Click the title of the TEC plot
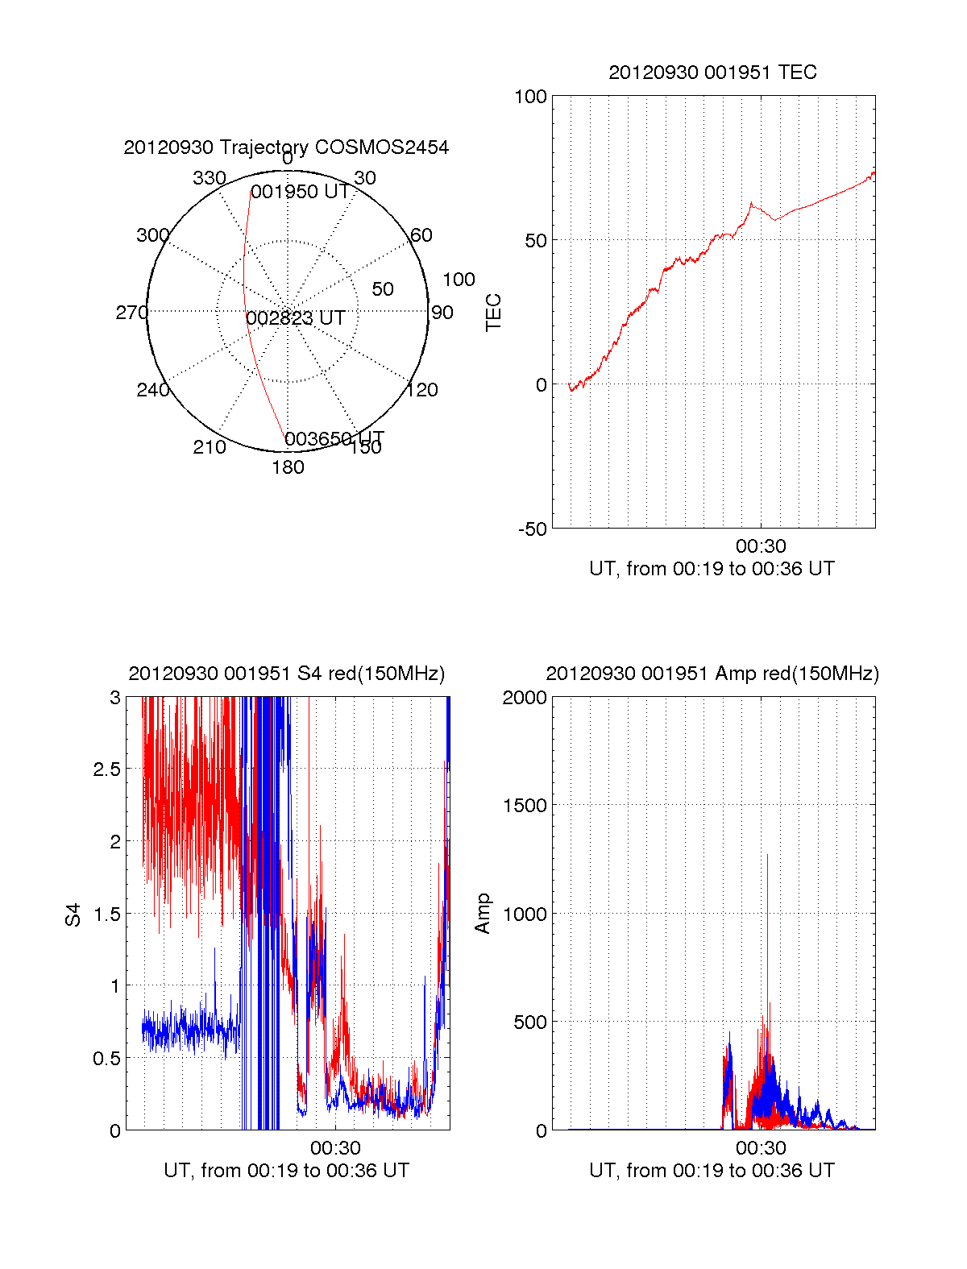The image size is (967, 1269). pyautogui.click(x=712, y=73)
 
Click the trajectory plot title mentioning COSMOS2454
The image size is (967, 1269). pyautogui.click(x=286, y=147)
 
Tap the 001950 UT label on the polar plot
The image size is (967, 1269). pyautogui.click(x=300, y=192)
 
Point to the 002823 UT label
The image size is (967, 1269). pyautogui.click(x=296, y=318)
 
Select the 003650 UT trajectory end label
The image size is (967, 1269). pyautogui.click(x=334, y=438)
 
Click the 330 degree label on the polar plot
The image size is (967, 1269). pyautogui.click(x=209, y=178)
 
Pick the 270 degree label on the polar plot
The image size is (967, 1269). pyautogui.click(x=131, y=313)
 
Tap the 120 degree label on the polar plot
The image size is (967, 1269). pyautogui.click(x=422, y=390)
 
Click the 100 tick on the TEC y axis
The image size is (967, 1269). pyautogui.click(x=530, y=97)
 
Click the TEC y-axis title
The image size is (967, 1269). pyautogui.click(x=493, y=313)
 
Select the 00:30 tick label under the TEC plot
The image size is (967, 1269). pyautogui.click(x=760, y=547)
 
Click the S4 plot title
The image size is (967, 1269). pyautogui.click(x=286, y=674)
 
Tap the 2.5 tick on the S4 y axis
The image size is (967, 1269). pyautogui.click(x=106, y=769)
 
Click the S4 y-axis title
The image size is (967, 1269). pyautogui.click(x=73, y=914)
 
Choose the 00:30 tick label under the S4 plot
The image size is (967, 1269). pyautogui.click(x=335, y=1148)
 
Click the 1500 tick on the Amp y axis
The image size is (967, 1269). pyautogui.click(x=524, y=806)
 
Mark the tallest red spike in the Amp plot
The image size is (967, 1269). pyautogui.click(x=767, y=856)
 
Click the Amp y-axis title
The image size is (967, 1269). pyautogui.click(x=483, y=914)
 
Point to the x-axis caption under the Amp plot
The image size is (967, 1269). pyautogui.click(x=712, y=1171)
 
